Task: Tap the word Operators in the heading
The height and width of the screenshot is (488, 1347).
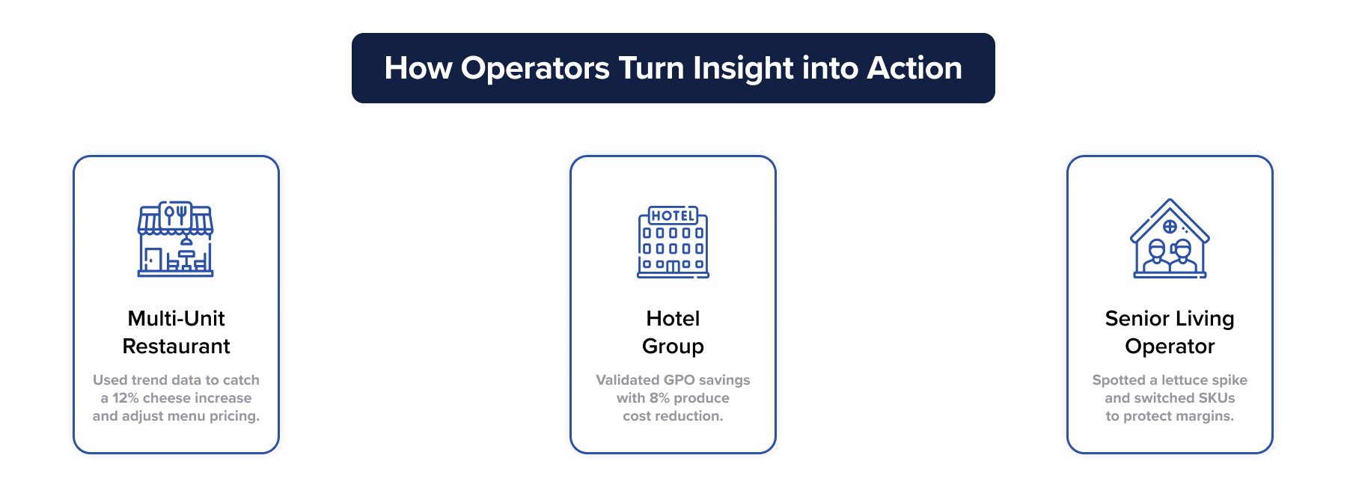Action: (x=535, y=68)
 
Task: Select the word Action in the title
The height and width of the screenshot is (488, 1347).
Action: (x=914, y=68)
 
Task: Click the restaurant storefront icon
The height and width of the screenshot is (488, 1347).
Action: (x=176, y=239)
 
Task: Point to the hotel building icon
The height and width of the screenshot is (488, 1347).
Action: (x=673, y=242)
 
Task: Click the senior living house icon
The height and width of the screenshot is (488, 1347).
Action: (x=1170, y=239)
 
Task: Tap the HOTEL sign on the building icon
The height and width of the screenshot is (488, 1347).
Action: (x=673, y=216)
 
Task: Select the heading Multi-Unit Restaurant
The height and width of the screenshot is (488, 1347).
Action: (x=176, y=332)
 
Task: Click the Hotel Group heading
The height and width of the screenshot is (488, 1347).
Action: (x=673, y=332)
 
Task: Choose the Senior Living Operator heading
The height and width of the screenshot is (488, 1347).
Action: (x=1170, y=332)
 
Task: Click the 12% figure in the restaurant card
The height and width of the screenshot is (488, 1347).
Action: (x=125, y=398)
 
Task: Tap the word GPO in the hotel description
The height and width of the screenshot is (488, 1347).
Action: (x=679, y=380)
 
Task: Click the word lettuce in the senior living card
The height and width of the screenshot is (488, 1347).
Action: (x=1185, y=380)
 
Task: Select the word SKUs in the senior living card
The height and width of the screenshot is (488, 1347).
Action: (x=1216, y=398)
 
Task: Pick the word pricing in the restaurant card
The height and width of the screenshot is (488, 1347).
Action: (x=234, y=416)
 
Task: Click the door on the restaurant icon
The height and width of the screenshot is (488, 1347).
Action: (x=153, y=259)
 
